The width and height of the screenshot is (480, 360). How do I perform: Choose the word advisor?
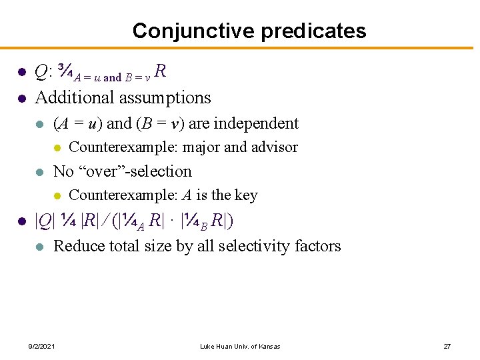(273, 147)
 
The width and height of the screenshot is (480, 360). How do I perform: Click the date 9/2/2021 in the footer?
(42, 346)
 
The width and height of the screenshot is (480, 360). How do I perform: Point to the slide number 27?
(447, 346)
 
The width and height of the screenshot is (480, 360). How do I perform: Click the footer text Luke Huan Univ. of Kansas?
(240, 346)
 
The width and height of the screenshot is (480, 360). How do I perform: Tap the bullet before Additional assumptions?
(21, 99)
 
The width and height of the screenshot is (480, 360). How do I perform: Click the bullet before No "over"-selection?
(41, 172)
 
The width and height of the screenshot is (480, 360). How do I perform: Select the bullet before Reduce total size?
(41, 247)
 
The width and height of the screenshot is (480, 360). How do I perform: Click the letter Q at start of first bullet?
(41, 71)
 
